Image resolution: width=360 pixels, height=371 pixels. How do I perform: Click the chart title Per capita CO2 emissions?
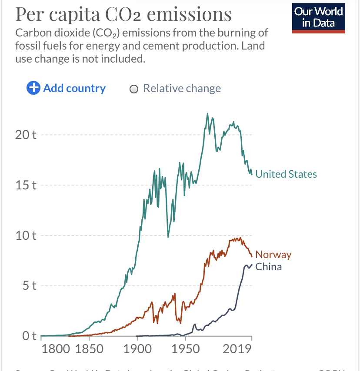(x=123, y=14)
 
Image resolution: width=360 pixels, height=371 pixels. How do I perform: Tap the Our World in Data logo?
(x=319, y=17)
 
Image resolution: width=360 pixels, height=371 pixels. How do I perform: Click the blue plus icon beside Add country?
(x=33, y=88)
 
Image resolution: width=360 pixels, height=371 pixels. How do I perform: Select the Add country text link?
(x=74, y=88)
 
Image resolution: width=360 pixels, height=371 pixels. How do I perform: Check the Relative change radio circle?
(x=134, y=89)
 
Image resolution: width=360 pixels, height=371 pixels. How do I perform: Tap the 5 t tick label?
(x=29, y=286)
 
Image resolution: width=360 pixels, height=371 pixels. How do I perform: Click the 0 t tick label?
(x=29, y=336)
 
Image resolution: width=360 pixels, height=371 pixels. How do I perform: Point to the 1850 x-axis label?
(x=90, y=349)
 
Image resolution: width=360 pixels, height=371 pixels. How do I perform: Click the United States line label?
(x=286, y=174)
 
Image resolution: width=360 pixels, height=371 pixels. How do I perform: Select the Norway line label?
(x=273, y=255)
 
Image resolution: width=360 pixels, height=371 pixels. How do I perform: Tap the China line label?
(x=268, y=267)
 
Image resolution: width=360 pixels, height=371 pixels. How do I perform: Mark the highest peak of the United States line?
(x=207, y=113)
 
